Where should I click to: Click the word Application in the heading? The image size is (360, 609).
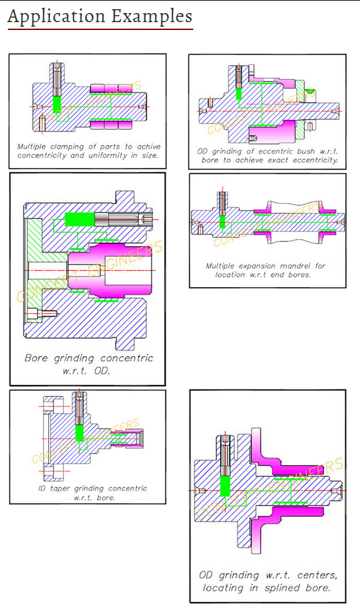pyautogui.click(x=56, y=17)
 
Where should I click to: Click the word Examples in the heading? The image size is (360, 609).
pyautogui.click(x=152, y=17)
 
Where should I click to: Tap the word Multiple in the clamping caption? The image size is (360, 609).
pyautogui.click(x=31, y=147)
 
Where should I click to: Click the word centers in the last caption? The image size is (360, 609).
pyautogui.click(x=317, y=575)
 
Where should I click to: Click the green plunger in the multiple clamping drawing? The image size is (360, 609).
pyautogui.click(x=57, y=104)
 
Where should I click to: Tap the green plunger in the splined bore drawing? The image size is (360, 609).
pyautogui.click(x=225, y=486)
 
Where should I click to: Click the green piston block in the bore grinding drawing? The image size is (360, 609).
pyautogui.click(x=79, y=220)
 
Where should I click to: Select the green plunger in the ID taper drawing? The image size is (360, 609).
pyautogui.click(x=79, y=432)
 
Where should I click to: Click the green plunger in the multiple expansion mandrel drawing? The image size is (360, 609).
pyautogui.click(x=222, y=221)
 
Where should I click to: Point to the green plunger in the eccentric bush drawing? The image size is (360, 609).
pyautogui.click(x=239, y=93)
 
